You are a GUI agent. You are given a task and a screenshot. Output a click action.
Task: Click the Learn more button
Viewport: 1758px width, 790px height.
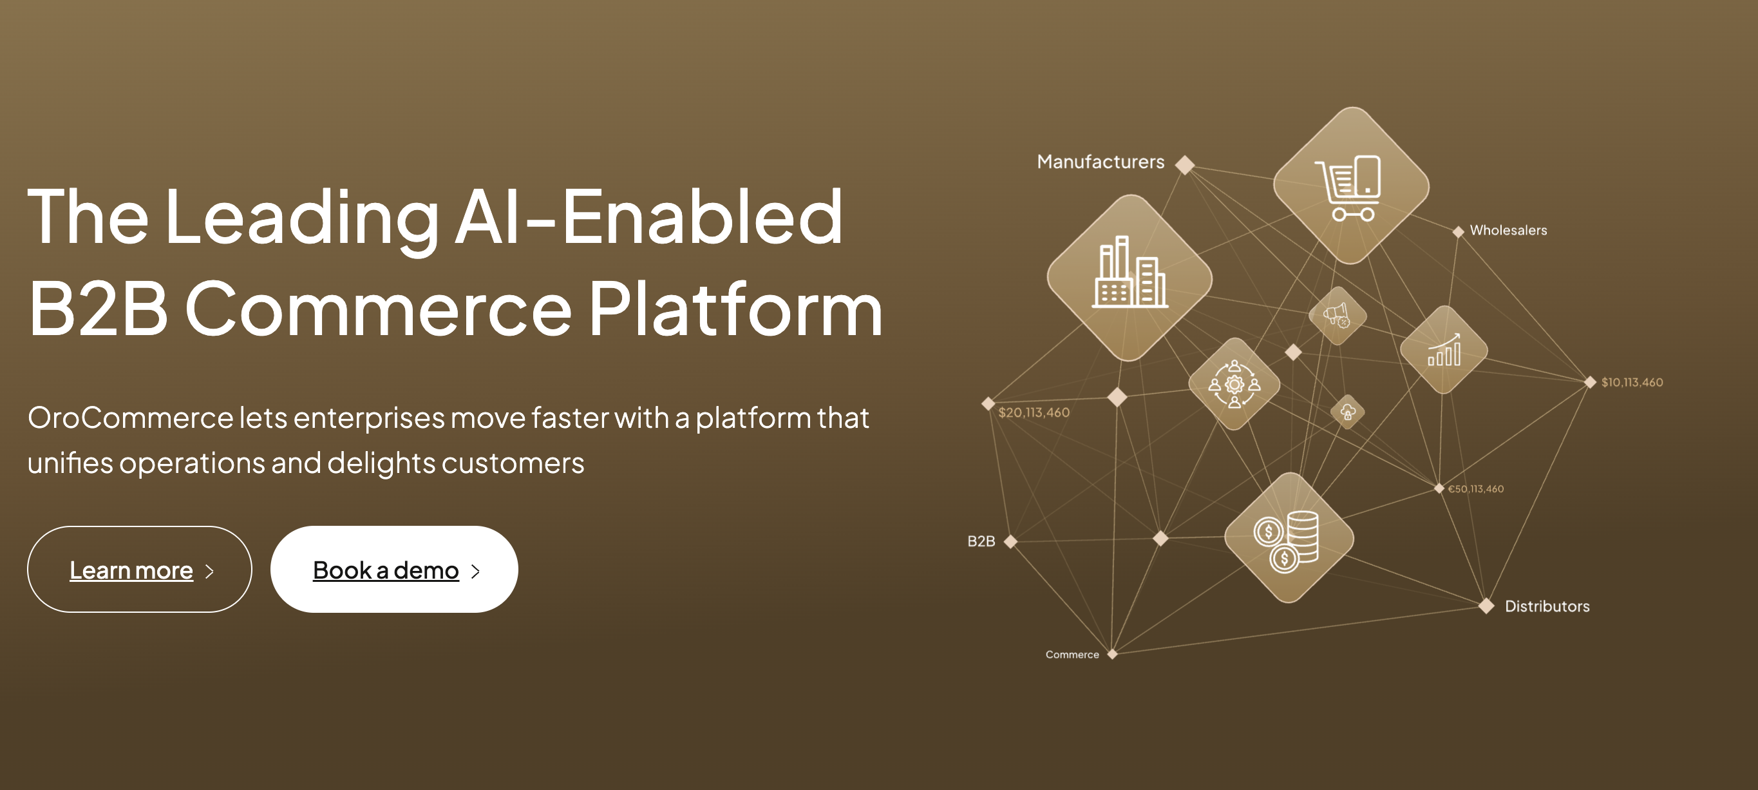tap(139, 569)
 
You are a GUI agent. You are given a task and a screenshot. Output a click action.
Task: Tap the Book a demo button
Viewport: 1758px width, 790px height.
tap(393, 569)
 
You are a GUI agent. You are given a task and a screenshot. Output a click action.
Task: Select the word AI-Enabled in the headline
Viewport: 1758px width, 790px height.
tap(649, 217)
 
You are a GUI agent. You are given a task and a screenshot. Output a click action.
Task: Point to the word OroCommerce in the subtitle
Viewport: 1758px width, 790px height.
tap(130, 417)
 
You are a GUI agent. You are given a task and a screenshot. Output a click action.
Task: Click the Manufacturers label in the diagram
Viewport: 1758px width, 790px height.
tap(1101, 162)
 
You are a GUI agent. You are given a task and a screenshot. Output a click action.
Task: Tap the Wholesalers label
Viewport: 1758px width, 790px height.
tap(1508, 230)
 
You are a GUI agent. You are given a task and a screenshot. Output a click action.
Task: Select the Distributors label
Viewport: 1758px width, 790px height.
tap(1547, 606)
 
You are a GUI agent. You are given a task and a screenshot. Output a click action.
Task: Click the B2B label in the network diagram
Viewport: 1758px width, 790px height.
tap(981, 541)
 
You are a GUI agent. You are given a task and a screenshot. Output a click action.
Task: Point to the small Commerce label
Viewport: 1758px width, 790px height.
tap(1072, 655)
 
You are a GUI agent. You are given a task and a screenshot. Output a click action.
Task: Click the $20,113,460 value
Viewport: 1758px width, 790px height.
tap(1034, 412)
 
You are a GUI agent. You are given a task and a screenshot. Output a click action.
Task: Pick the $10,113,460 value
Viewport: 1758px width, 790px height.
tap(1632, 382)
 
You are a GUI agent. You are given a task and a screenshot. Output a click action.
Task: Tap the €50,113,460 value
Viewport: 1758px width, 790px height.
tap(1475, 489)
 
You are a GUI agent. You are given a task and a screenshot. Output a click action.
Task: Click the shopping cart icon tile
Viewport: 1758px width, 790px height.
tap(1351, 186)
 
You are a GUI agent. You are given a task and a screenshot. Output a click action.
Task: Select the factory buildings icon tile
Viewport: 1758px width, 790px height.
tap(1129, 278)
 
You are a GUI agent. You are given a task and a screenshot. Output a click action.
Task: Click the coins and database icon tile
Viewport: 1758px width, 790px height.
tap(1289, 538)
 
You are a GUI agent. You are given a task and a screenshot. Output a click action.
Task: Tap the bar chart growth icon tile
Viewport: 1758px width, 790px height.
tap(1443, 350)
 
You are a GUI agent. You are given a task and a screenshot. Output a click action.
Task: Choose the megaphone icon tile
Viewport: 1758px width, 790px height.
tap(1337, 316)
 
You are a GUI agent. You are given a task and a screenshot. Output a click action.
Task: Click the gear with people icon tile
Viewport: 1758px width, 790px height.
tap(1234, 384)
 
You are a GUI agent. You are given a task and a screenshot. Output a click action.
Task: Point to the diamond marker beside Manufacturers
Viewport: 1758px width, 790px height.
tap(1186, 164)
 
